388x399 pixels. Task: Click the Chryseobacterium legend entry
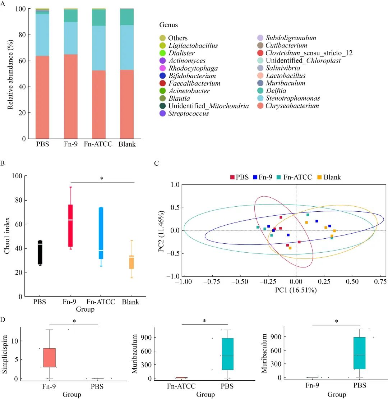click(x=292, y=106)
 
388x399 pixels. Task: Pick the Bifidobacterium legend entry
click(x=192, y=76)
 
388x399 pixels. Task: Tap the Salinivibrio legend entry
click(x=283, y=68)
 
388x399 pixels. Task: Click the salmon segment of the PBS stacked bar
click(x=42, y=97)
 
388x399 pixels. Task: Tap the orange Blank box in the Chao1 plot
click(x=132, y=262)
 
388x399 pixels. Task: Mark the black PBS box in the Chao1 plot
click(x=40, y=253)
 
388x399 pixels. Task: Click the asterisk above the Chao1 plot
click(x=102, y=178)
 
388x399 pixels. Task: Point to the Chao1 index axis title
click(x=7, y=236)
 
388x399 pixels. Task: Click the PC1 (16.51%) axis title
click(x=296, y=290)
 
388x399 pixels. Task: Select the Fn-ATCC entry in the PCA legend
click(x=294, y=177)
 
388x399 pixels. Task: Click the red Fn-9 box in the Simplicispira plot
click(x=49, y=358)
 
